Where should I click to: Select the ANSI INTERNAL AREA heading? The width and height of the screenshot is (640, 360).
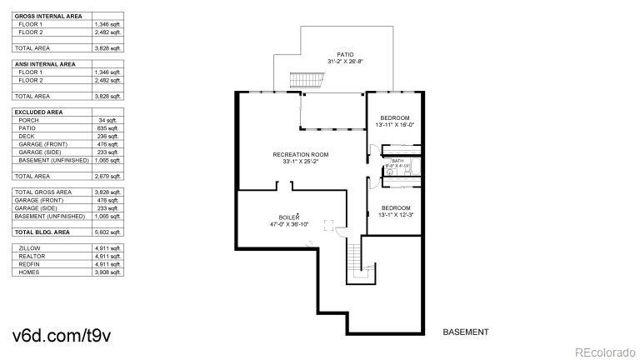click(x=45, y=64)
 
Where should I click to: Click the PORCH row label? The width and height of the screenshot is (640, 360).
click(x=28, y=120)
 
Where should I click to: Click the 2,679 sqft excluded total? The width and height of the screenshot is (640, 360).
click(x=108, y=176)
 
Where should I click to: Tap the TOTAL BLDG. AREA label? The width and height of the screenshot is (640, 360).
click(x=43, y=232)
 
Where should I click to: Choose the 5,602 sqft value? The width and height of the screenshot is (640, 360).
click(x=108, y=232)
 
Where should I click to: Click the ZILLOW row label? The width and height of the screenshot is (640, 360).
click(x=30, y=248)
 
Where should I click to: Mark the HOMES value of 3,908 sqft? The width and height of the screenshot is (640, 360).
click(x=108, y=272)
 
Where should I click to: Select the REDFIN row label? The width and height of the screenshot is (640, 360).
click(x=29, y=264)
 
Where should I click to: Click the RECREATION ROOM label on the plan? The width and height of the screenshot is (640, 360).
click(x=301, y=155)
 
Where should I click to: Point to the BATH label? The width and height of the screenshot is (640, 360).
click(x=397, y=160)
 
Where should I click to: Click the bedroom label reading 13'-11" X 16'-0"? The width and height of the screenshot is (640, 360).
click(x=395, y=121)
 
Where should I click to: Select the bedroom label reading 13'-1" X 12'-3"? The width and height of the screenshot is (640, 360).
click(x=395, y=211)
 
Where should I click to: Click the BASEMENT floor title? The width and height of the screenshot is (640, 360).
click(x=465, y=332)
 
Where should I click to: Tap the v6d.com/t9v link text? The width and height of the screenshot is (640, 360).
click(x=62, y=335)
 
